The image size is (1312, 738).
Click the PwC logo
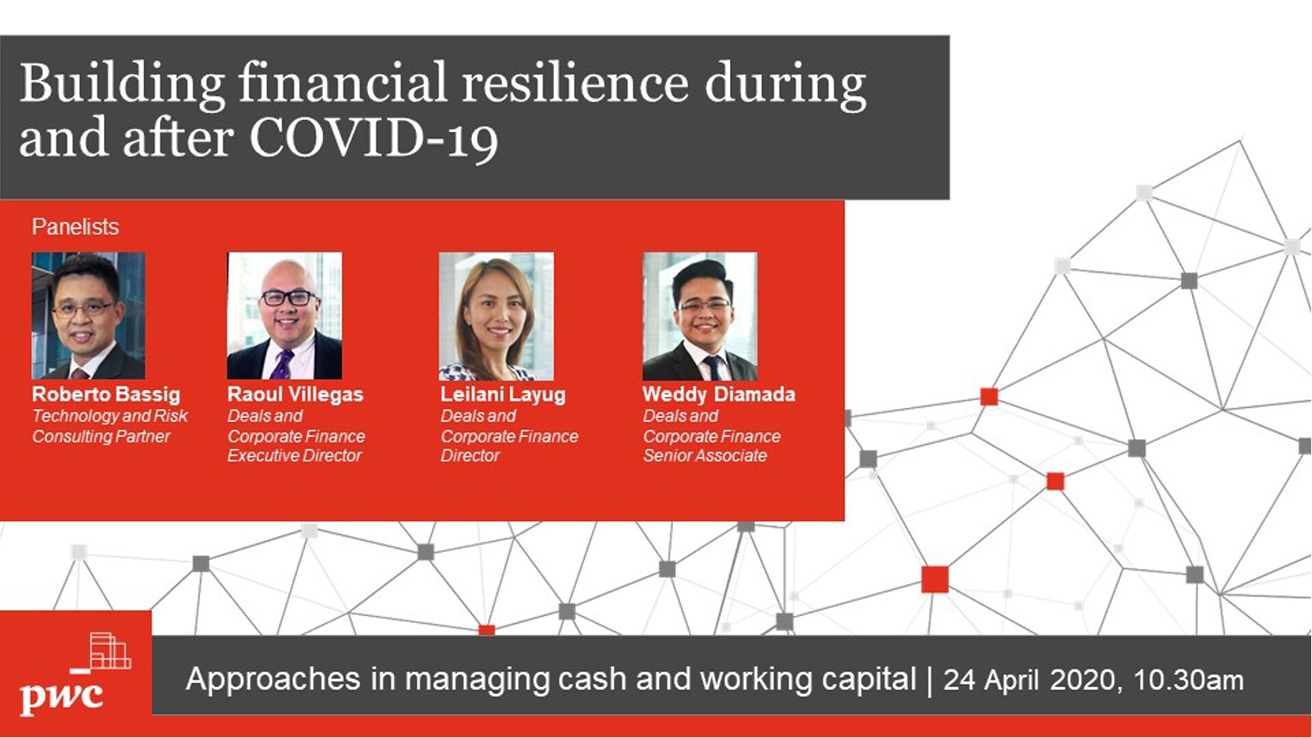pyautogui.click(x=75, y=674)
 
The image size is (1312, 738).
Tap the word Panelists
pyautogui.click(x=75, y=227)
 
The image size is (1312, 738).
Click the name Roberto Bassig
pyautogui.click(x=106, y=395)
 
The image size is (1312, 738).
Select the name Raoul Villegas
pyautogui.click(x=295, y=394)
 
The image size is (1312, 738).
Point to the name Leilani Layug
pyautogui.click(x=503, y=395)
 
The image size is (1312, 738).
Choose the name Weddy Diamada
pyautogui.click(x=719, y=394)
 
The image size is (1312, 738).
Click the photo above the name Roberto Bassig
pyautogui.click(x=88, y=316)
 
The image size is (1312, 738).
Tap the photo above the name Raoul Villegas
pyautogui.click(x=284, y=316)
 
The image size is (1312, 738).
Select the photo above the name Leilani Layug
pyautogui.click(x=496, y=316)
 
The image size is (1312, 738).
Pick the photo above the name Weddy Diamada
pyautogui.click(x=700, y=316)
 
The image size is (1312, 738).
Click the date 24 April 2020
pyautogui.click(x=1028, y=681)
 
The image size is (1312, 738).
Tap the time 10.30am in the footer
pyautogui.click(x=1188, y=681)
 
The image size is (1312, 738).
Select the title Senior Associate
pyautogui.click(x=705, y=456)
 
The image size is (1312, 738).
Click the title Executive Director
pyautogui.click(x=295, y=456)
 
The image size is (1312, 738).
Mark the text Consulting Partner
pyautogui.click(x=101, y=437)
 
